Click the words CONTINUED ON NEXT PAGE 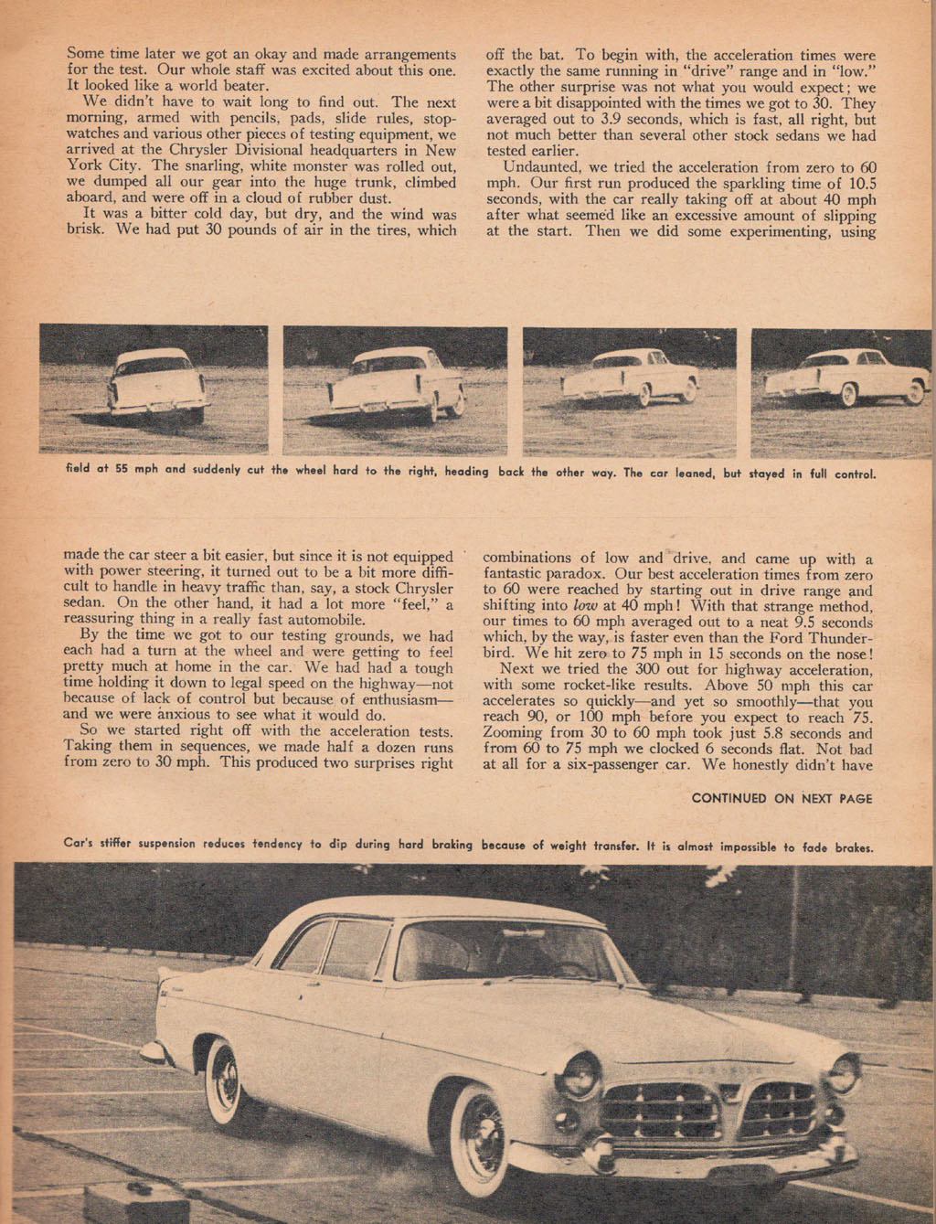tap(782, 798)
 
